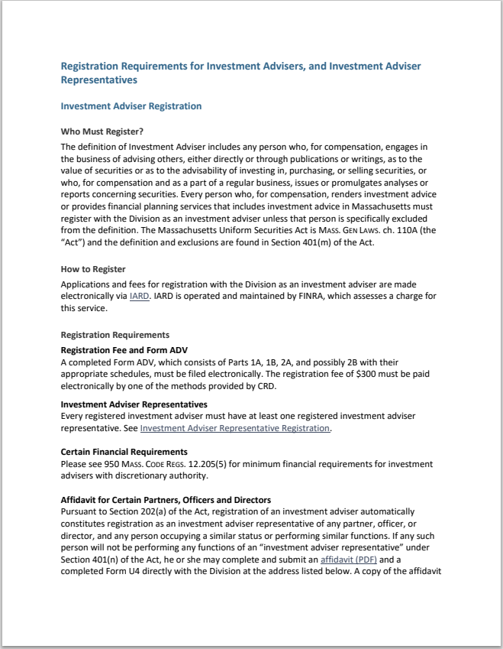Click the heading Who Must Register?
102,131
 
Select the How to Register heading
93,269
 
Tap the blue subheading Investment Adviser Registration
131,105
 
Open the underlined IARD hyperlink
140,296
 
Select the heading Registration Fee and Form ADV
119,350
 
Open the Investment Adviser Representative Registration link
235,428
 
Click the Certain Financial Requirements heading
124,452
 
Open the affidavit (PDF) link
343,560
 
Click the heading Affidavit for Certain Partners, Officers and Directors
166,499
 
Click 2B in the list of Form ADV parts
318,362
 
